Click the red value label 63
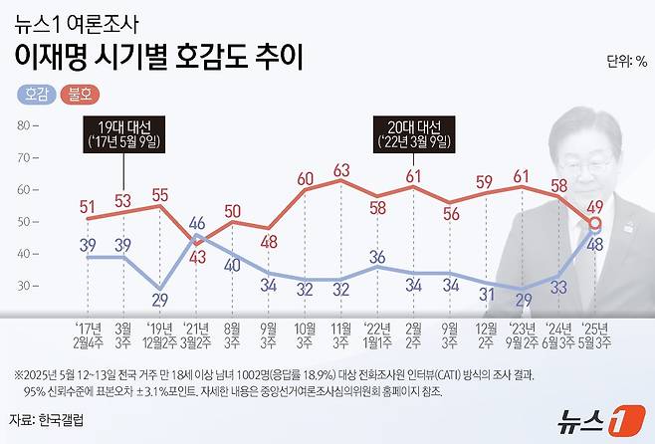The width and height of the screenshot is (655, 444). [x=341, y=171]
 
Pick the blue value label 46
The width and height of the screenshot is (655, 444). [x=197, y=222]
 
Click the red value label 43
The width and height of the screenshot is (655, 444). [x=197, y=256]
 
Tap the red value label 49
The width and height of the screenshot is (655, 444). [x=594, y=206]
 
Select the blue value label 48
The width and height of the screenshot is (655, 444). [x=594, y=245]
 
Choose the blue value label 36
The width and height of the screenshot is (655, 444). [x=377, y=257]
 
